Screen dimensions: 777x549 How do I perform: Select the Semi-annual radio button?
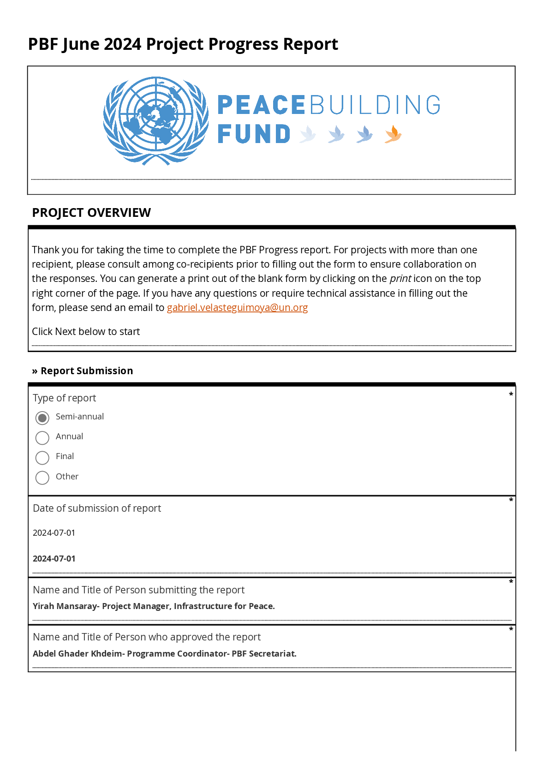pyautogui.click(x=42, y=418)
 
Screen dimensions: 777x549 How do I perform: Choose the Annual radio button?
pyautogui.click(x=42, y=438)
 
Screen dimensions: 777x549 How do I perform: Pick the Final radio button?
pyautogui.click(x=42, y=458)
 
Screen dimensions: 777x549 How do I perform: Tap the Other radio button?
pyautogui.click(x=42, y=478)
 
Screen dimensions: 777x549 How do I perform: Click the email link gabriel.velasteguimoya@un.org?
pyautogui.click(x=237, y=308)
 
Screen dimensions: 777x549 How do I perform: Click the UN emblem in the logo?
pyautogui.click(x=156, y=121)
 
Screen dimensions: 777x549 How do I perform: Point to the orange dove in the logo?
pyautogui.click(x=393, y=134)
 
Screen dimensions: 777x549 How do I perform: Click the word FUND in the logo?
pyautogui.click(x=254, y=134)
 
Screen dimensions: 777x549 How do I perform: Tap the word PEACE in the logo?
pyautogui.click(x=261, y=105)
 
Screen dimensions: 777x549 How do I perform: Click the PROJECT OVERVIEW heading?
pyautogui.click(x=91, y=213)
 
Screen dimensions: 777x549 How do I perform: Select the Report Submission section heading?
pyautogui.click(x=86, y=371)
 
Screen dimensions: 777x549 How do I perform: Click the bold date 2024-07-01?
pyautogui.click(x=54, y=559)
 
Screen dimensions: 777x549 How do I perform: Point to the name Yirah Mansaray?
pyautogui.click(x=65, y=606)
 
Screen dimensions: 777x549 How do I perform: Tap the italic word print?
pyautogui.click(x=400, y=279)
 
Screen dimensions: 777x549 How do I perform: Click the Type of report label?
pyautogui.click(x=65, y=398)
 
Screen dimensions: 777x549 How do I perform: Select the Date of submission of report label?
pyautogui.click(x=97, y=508)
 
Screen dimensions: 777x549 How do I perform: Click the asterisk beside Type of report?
pyautogui.click(x=511, y=394)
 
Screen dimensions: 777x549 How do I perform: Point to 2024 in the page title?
pyautogui.click(x=122, y=44)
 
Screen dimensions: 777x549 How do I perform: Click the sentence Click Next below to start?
pyautogui.click(x=86, y=332)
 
